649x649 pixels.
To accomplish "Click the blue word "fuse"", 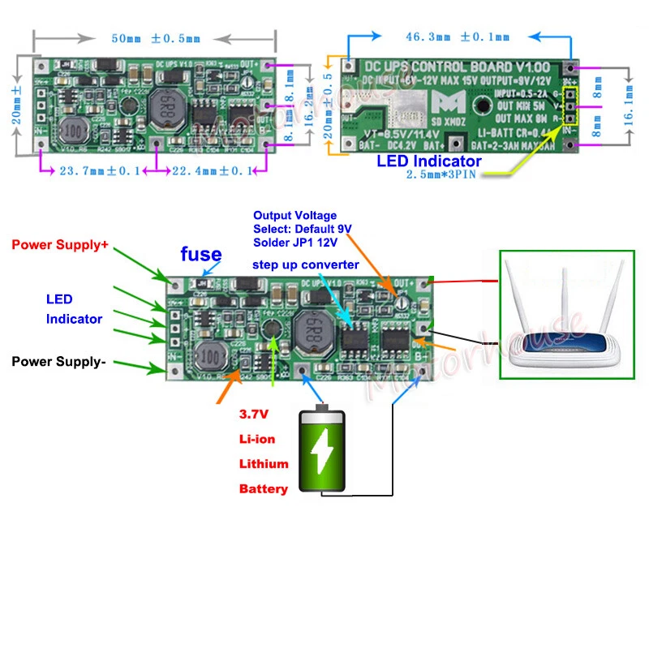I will (x=200, y=256).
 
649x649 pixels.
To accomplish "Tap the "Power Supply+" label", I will (x=59, y=244).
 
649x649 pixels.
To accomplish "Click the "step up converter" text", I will (x=306, y=265).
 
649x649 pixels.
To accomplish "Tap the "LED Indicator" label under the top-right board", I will (x=429, y=161).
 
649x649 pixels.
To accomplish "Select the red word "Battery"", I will (x=263, y=489).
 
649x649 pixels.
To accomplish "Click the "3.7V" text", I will (x=253, y=414).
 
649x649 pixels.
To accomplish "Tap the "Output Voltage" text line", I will (x=294, y=216).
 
